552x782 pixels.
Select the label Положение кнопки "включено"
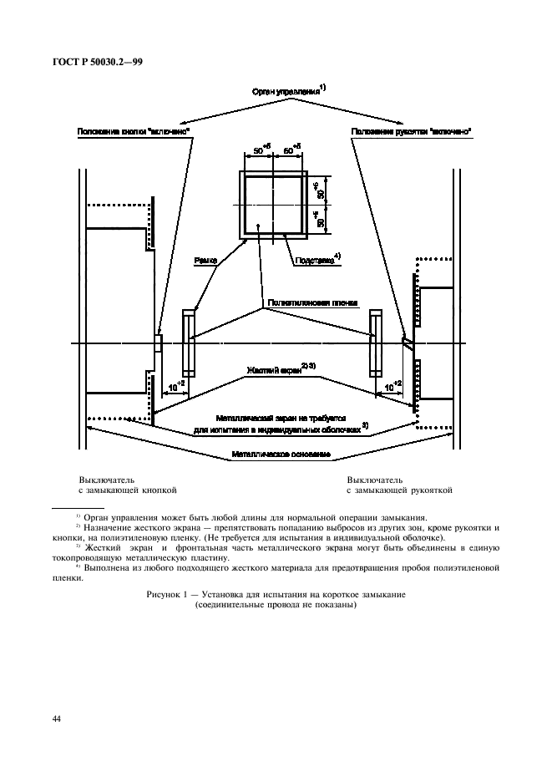[x=134, y=132]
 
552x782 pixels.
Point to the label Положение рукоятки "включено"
[x=411, y=132]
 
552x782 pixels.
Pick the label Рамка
[x=205, y=261]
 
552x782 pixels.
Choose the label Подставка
[x=315, y=260]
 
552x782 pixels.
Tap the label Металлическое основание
[x=281, y=454]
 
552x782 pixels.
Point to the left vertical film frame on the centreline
[x=189, y=343]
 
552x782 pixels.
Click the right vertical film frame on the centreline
[x=375, y=343]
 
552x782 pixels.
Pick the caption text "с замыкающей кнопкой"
[x=128, y=491]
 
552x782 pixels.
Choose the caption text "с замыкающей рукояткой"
[x=399, y=491]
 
